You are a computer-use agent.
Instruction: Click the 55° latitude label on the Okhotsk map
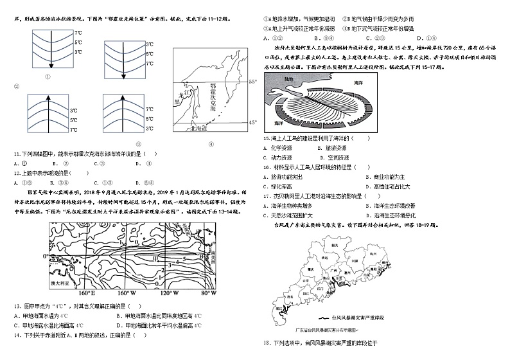tap(252, 82)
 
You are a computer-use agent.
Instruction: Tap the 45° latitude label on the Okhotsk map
tap(252, 122)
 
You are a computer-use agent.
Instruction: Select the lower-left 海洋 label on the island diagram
tap(279, 123)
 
